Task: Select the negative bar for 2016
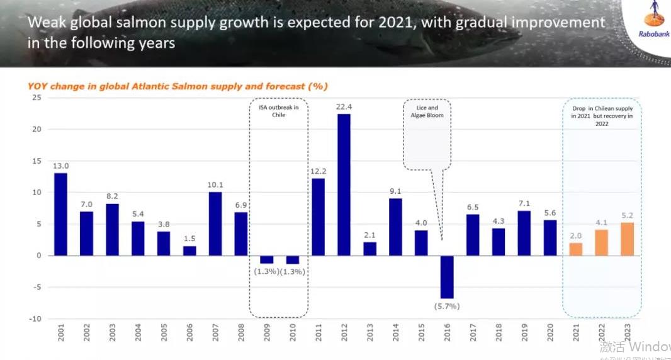point(447,276)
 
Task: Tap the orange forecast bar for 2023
point(627,239)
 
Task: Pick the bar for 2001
point(60,214)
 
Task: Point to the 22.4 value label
point(344,106)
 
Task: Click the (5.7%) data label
point(447,307)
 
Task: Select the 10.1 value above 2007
point(215,184)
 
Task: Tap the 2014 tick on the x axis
point(395,332)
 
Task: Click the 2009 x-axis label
point(267,332)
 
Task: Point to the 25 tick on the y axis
point(37,98)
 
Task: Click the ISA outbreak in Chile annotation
point(278,111)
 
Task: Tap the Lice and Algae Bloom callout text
point(427,111)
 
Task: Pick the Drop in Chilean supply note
point(602,116)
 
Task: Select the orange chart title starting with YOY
point(178,86)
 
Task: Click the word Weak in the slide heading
point(44,23)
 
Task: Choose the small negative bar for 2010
point(292,259)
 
